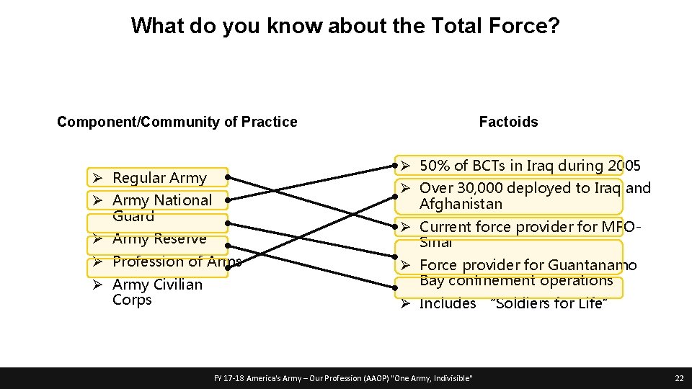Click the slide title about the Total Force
coord(345,27)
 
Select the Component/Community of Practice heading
coord(177,122)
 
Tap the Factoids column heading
coord(508,122)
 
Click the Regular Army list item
coord(159,177)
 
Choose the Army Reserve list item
coord(159,238)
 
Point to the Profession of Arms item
coord(177,261)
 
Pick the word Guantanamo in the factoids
coord(592,265)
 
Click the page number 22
coord(678,378)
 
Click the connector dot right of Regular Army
coord(226,176)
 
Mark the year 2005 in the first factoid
coord(624,165)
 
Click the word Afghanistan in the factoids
coord(461,204)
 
